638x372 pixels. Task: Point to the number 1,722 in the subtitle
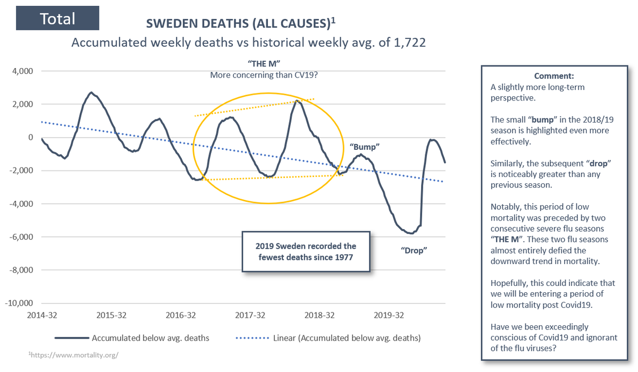pyautogui.click(x=410, y=42)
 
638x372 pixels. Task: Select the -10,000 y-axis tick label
pyautogui.click(x=18, y=303)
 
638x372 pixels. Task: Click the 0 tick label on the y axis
pyautogui.click(x=30, y=138)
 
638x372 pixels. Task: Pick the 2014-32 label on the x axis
pyautogui.click(x=41, y=315)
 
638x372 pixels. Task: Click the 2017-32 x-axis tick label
pyautogui.click(x=251, y=315)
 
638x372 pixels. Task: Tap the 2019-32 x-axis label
pyautogui.click(x=389, y=315)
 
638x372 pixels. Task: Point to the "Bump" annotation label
pyautogui.click(x=365, y=146)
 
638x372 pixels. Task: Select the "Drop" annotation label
pyautogui.click(x=414, y=250)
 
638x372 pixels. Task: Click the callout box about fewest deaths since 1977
pyautogui.click(x=305, y=251)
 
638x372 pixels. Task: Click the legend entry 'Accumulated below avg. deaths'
pyautogui.click(x=150, y=337)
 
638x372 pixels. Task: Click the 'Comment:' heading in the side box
pyautogui.click(x=554, y=76)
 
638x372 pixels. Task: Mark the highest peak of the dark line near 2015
pyautogui.click(x=91, y=92)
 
